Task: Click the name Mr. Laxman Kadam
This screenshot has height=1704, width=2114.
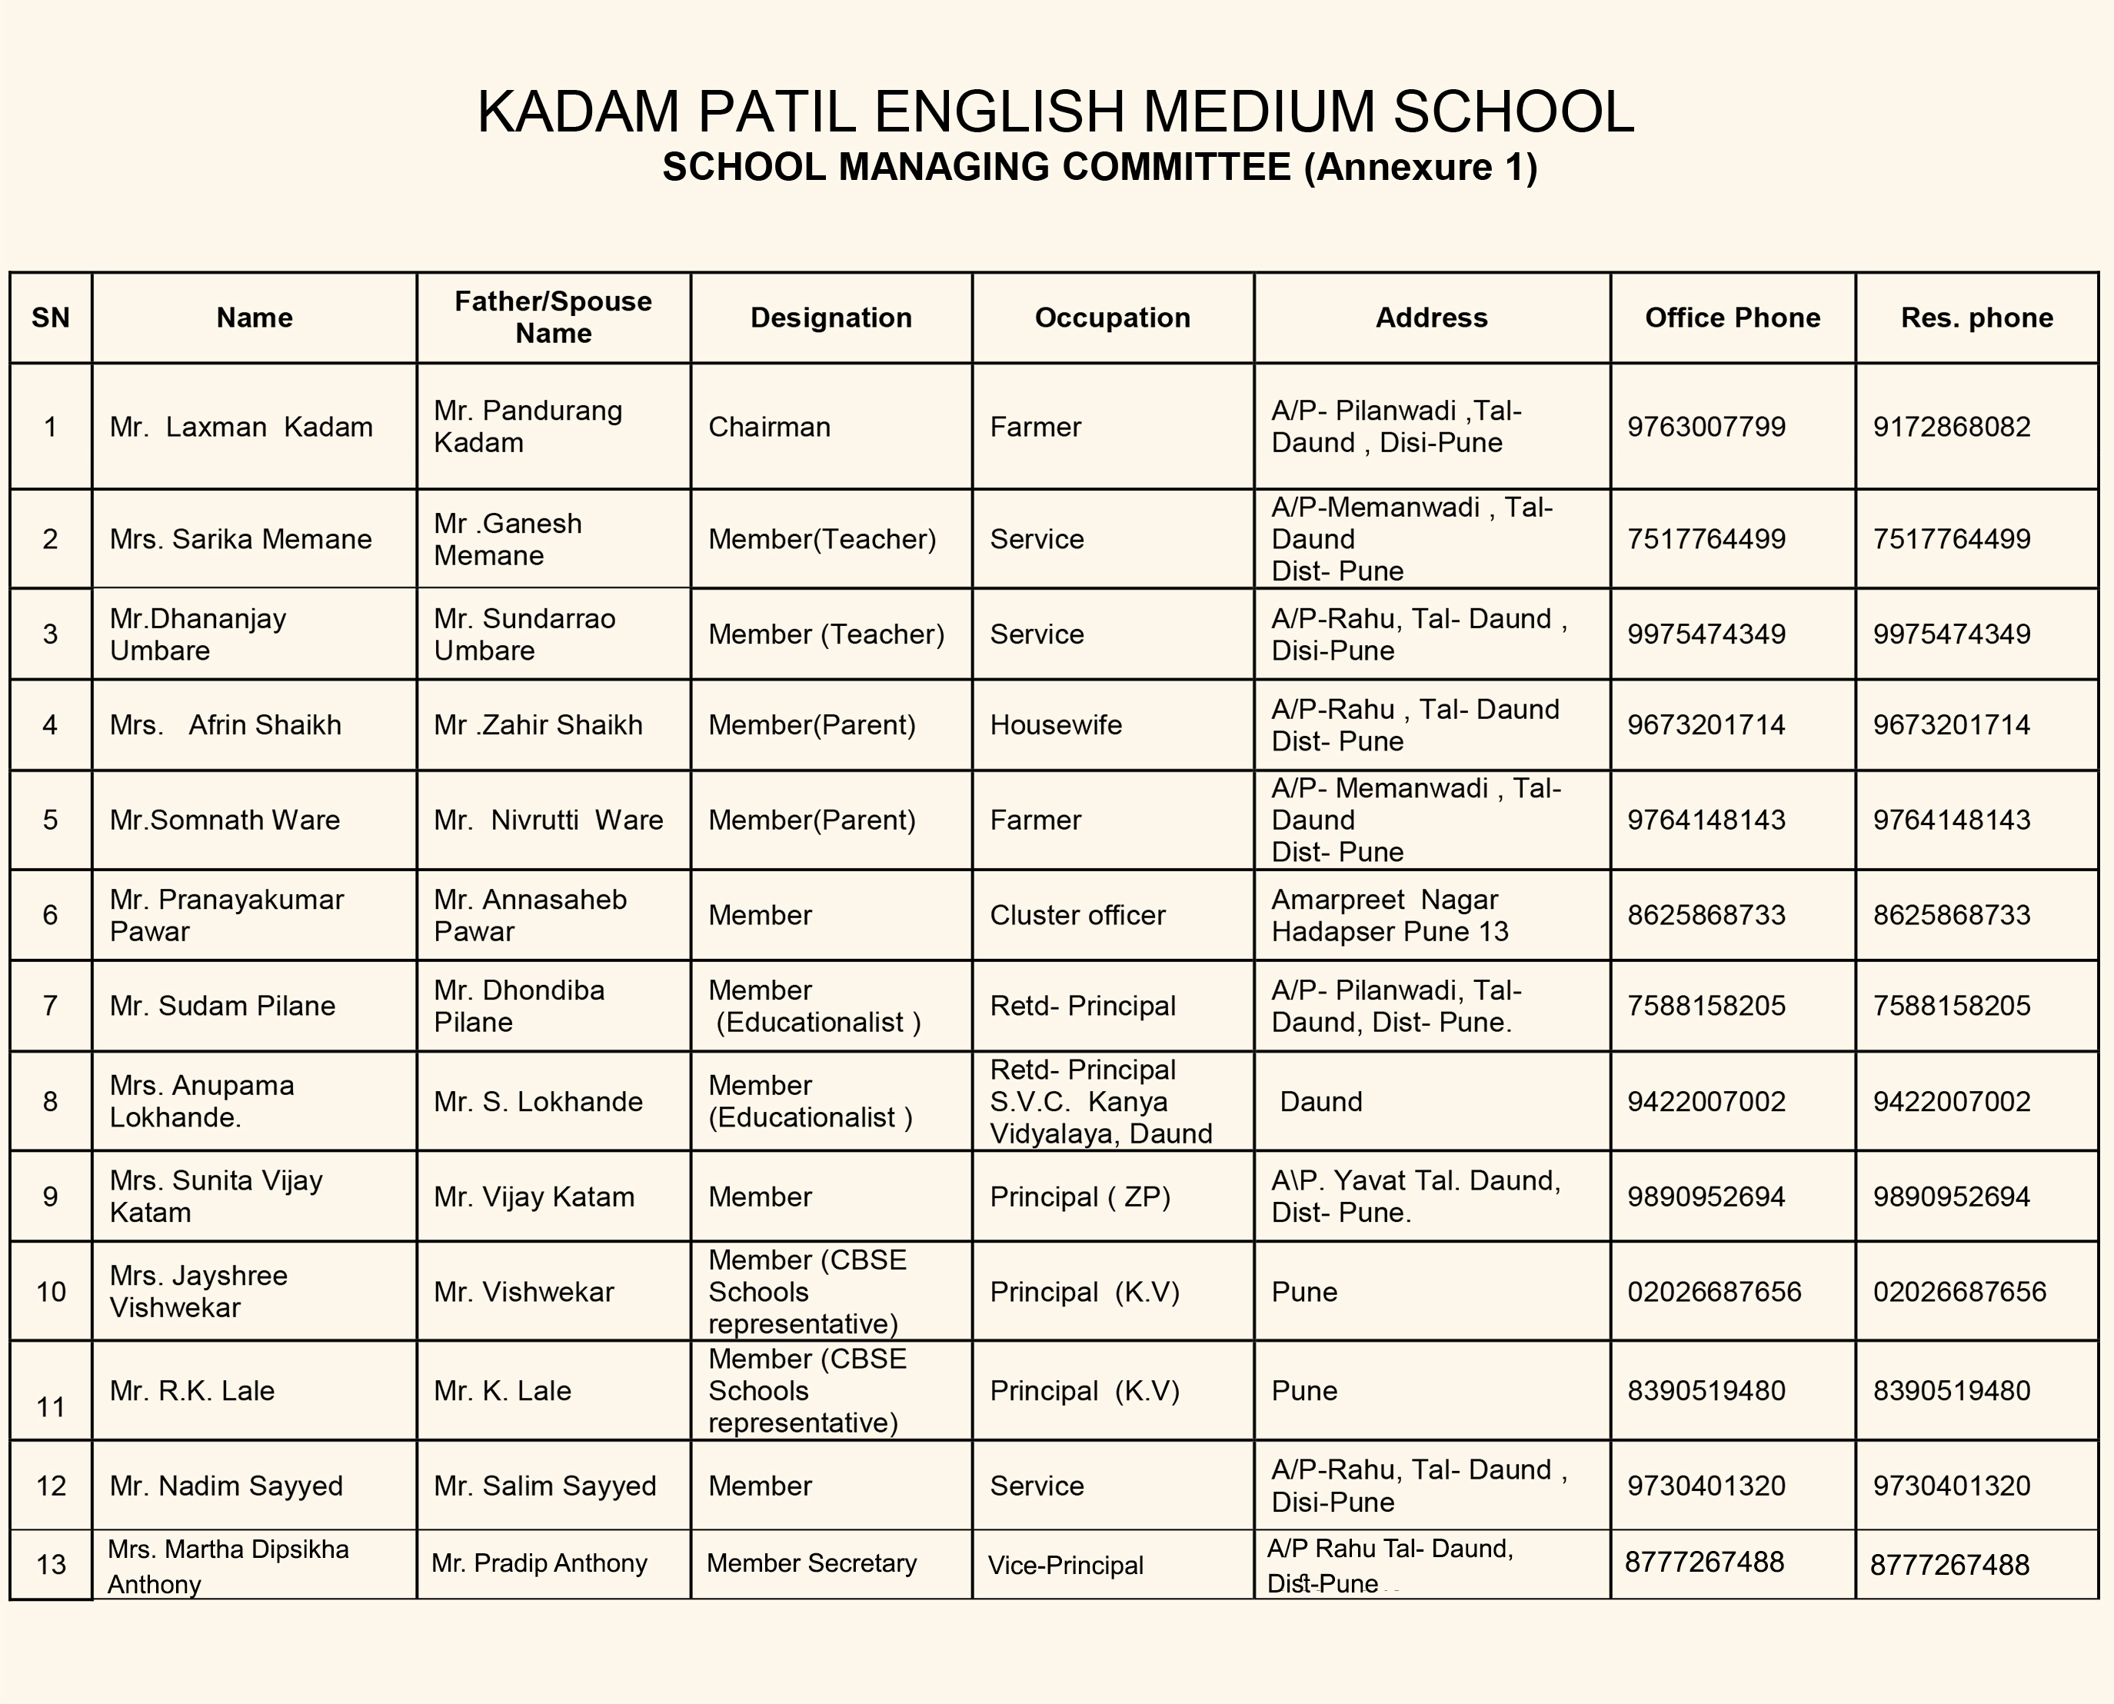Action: (x=241, y=427)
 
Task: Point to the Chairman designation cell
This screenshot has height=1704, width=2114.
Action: (x=770, y=427)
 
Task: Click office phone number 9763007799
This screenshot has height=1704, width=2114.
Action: (x=1706, y=427)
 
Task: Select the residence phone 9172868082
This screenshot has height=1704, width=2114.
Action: (x=1951, y=427)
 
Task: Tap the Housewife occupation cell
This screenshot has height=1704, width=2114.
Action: (x=1055, y=725)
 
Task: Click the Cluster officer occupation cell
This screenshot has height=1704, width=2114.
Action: (x=1077, y=915)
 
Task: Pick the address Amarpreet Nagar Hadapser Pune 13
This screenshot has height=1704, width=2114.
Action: (x=1389, y=915)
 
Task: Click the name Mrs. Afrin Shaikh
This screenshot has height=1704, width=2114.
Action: (x=226, y=725)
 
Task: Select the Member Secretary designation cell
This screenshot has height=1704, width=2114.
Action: (x=811, y=1563)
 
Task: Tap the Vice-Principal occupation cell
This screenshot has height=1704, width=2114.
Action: (x=1065, y=1565)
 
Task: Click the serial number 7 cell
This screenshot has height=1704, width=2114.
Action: (x=50, y=1005)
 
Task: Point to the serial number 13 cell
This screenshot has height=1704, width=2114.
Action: (x=51, y=1563)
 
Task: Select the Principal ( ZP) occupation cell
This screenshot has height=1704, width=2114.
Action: (x=1080, y=1196)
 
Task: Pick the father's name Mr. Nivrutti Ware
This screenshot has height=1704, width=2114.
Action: (x=548, y=820)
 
